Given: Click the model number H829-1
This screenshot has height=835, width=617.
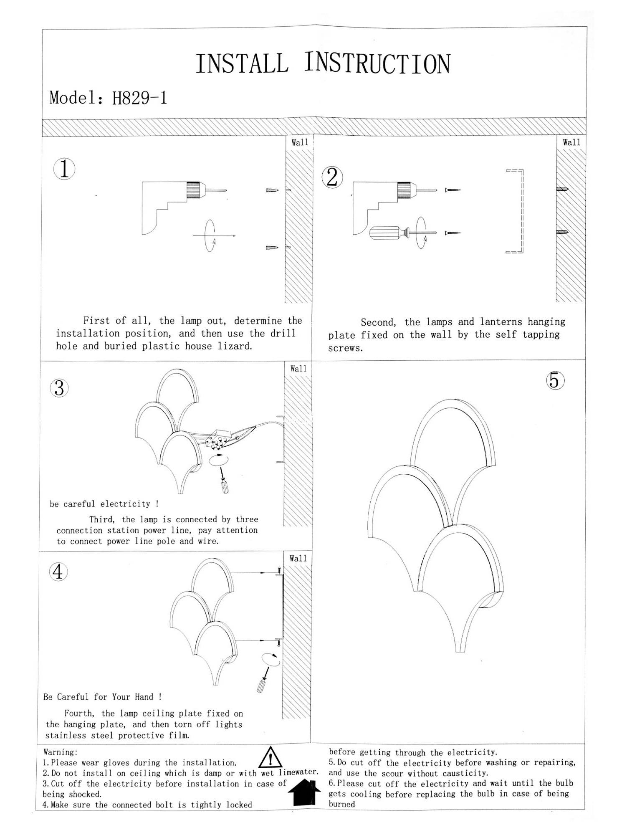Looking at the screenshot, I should click(139, 99).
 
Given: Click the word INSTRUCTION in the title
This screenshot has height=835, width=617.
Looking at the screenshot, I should click(377, 64).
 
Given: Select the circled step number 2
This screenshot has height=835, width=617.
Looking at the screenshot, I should click(332, 177).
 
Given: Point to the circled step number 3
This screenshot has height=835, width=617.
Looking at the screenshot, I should click(59, 388).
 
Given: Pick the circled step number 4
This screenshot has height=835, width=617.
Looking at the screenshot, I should click(58, 572).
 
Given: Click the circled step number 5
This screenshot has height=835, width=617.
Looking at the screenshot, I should click(555, 380).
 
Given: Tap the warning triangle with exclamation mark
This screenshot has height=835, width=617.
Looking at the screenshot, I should click(271, 758).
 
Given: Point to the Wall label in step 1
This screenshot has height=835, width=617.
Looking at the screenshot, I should click(300, 142).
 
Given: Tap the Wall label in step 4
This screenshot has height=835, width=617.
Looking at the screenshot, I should click(298, 559).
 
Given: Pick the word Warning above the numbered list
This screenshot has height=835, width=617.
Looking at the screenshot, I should click(60, 752).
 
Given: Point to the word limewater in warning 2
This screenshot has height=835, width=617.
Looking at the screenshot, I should click(298, 772).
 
